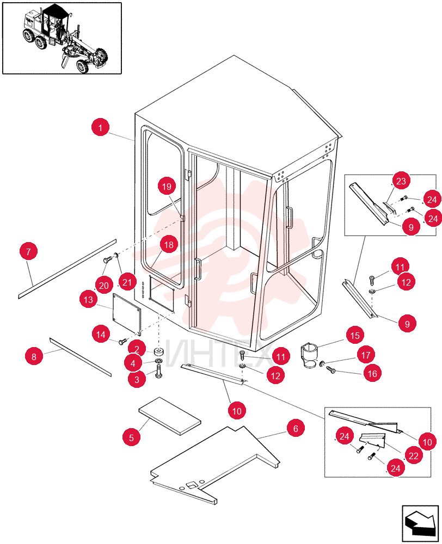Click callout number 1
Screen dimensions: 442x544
[x=100, y=127]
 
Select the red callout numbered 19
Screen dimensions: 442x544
[x=167, y=187]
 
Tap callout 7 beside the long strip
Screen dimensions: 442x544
[x=28, y=251]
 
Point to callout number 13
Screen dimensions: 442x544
[x=89, y=299]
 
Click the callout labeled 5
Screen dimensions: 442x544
[x=131, y=437]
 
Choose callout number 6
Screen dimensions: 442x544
[x=296, y=429]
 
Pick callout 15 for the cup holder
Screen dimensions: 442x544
[x=355, y=336]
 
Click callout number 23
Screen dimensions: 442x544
[x=401, y=181]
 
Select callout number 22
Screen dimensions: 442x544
[x=414, y=455]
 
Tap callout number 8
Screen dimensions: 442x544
[x=34, y=357]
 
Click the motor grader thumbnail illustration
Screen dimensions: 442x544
[x=62, y=38]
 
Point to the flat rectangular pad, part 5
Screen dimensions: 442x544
[x=170, y=416]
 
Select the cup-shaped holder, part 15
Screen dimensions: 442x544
[x=309, y=355]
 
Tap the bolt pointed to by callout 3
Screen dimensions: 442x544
[x=159, y=373]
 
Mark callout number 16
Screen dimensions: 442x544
[x=372, y=373]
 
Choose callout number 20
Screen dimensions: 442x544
[x=104, y=286]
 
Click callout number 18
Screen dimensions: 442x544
[x=169, y=245]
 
